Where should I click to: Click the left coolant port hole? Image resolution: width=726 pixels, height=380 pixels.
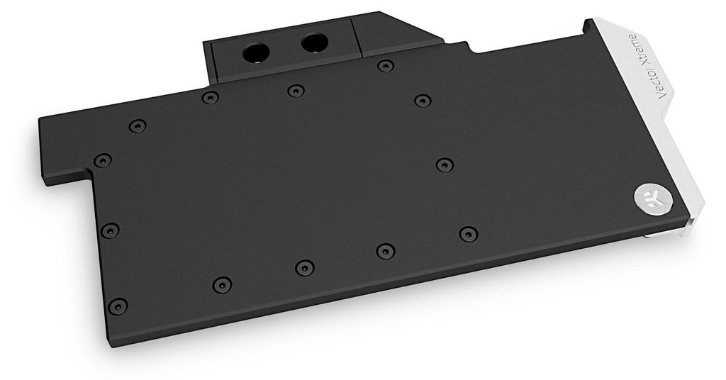(x=255, y=52)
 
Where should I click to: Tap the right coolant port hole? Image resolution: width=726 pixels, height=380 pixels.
(x=315, y=43)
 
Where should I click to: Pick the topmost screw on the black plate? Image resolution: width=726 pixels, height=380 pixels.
(x=386, y=66)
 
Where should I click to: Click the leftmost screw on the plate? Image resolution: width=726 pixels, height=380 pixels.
(x=102, y=161)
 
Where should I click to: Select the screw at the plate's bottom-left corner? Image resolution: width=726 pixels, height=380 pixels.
(x=118, y=306)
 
